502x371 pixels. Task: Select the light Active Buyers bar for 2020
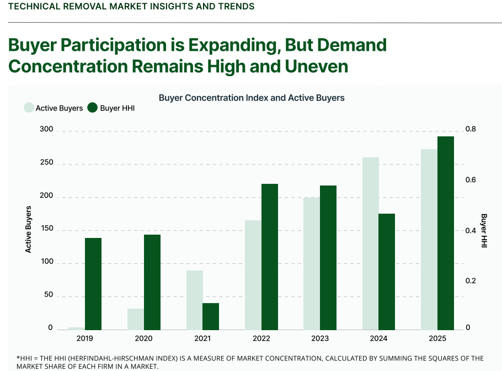pos(136,319)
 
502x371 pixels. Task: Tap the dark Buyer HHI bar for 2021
pos(211,316)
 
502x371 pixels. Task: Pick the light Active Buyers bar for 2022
pos(253,275)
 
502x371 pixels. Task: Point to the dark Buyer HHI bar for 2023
pos(328,257)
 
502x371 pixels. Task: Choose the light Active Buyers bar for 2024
pos(371,243)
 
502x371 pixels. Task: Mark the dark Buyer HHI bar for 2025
pos(446,233)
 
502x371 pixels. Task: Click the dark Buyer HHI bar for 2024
pos(387,272)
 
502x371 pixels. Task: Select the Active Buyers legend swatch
pos(29,108)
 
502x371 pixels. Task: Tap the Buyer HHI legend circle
pos(93,108)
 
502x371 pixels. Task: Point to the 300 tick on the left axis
pos(46,130)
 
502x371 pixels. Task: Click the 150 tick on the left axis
pos(46,229)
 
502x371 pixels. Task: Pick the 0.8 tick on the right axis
pos(470,130)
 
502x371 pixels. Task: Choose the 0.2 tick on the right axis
pos(470,281)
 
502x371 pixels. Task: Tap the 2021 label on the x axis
pos(202,338)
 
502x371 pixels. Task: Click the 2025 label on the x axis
pos(437,338)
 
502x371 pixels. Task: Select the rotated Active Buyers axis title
pos(29,229)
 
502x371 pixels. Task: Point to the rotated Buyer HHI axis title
pos(484,230)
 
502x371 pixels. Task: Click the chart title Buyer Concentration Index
pos(252,98)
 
